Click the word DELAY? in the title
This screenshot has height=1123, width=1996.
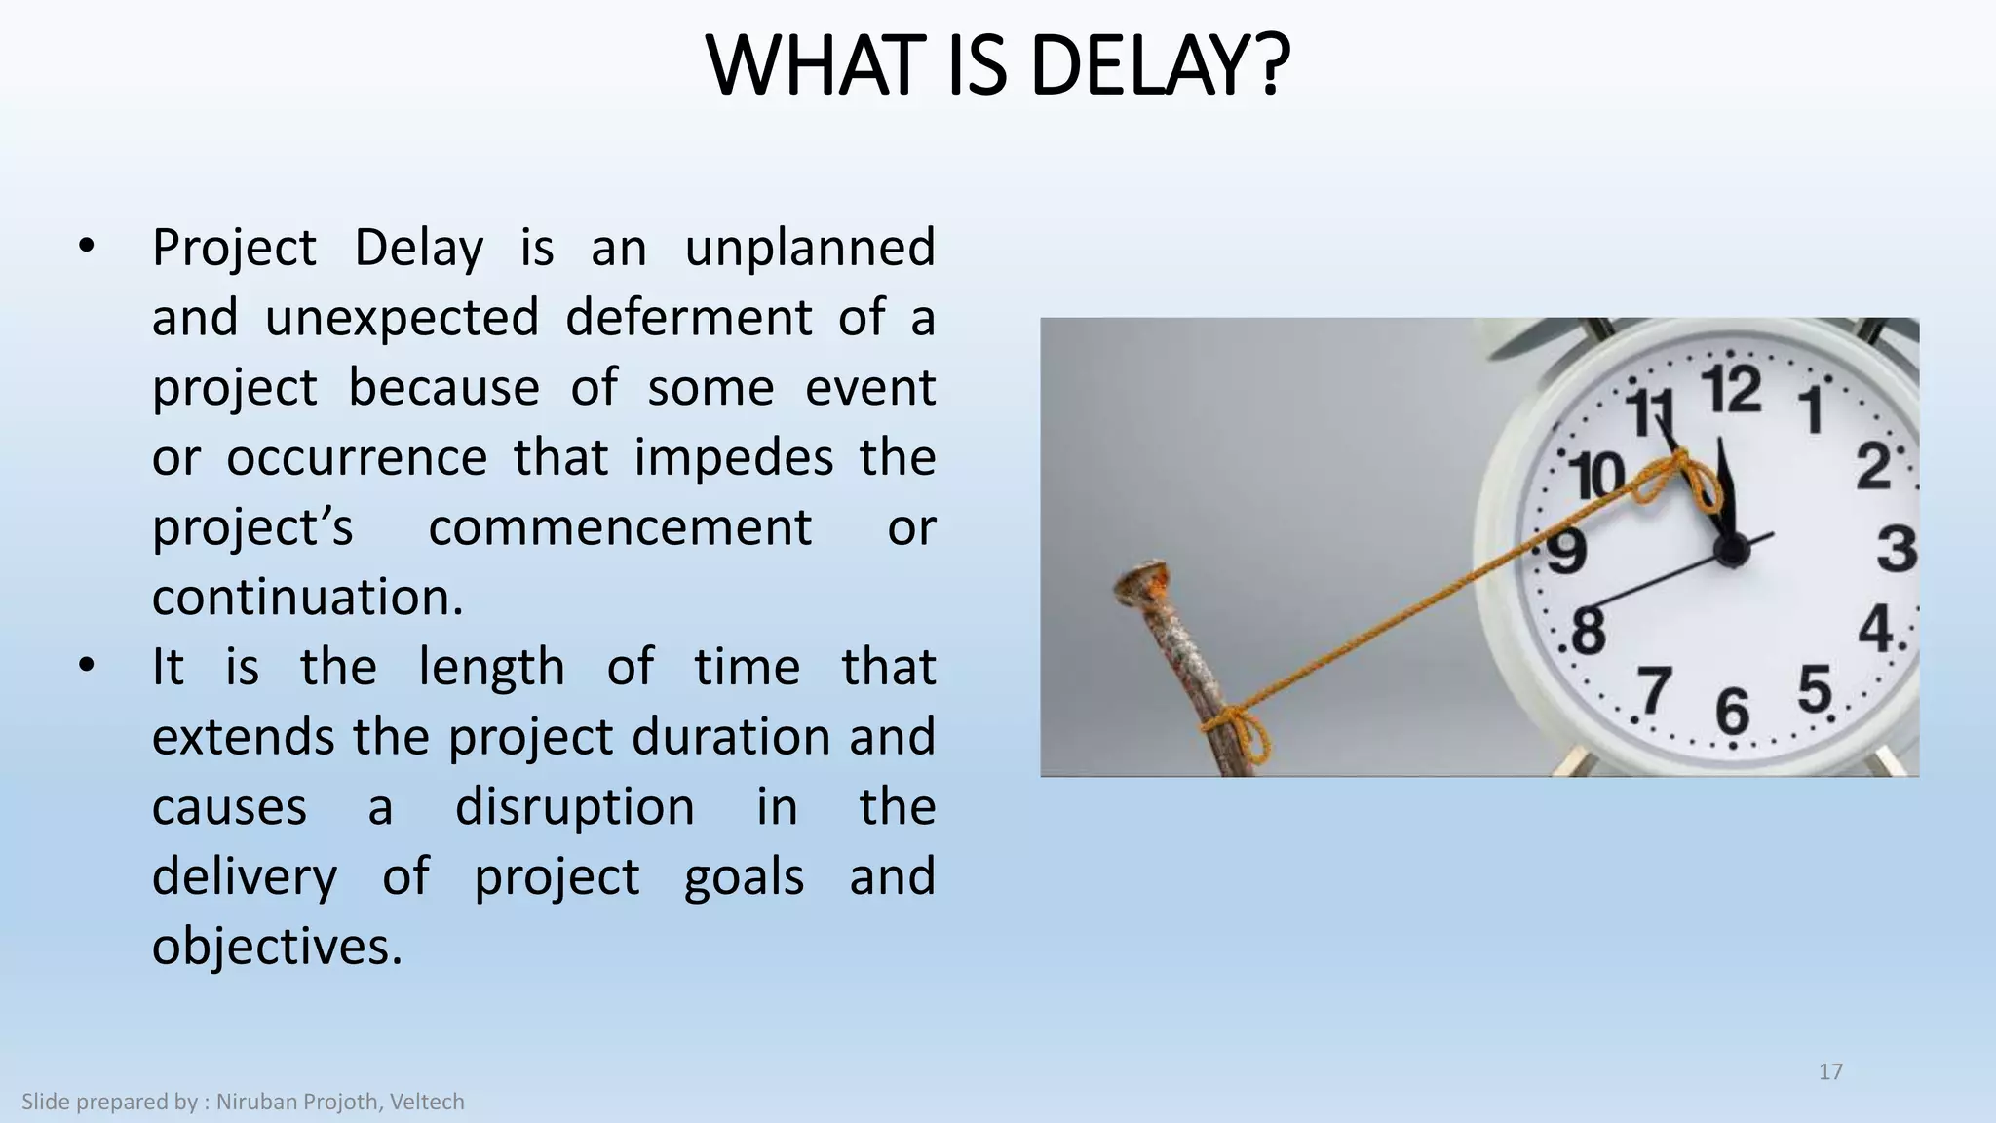1160,66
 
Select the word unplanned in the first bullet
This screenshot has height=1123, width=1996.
809,247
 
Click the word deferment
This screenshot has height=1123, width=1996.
688,318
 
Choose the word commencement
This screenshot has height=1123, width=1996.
620,527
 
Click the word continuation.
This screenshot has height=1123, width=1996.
307,598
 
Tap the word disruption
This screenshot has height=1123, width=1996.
575,807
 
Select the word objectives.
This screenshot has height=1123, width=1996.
277,947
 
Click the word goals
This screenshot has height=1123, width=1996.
744,876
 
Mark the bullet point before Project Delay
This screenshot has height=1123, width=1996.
87,248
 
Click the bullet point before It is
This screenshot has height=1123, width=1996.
87,668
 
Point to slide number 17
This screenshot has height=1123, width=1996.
1830,1072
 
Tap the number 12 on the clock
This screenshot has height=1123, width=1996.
1732,390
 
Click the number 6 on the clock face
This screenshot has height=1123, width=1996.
1732,712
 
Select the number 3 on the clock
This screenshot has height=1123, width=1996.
1897,548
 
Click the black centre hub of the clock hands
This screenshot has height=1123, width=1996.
1732,552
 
